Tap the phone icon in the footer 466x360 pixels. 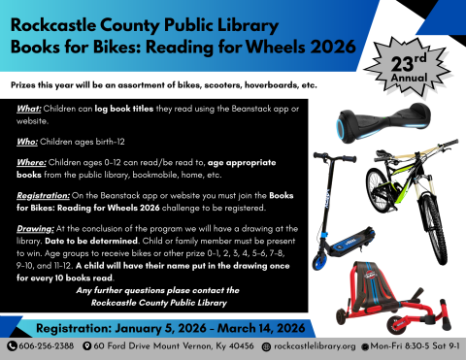point(13,344)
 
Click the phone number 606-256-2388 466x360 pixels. point(47,344)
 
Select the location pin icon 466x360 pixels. point(88,344)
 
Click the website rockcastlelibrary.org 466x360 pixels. point(315,344)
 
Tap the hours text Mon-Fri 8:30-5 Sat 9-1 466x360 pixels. point(412,344)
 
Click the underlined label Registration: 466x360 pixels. point(46,194)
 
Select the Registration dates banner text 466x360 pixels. point(159,323)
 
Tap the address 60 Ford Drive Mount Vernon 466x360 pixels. point(171,344)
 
